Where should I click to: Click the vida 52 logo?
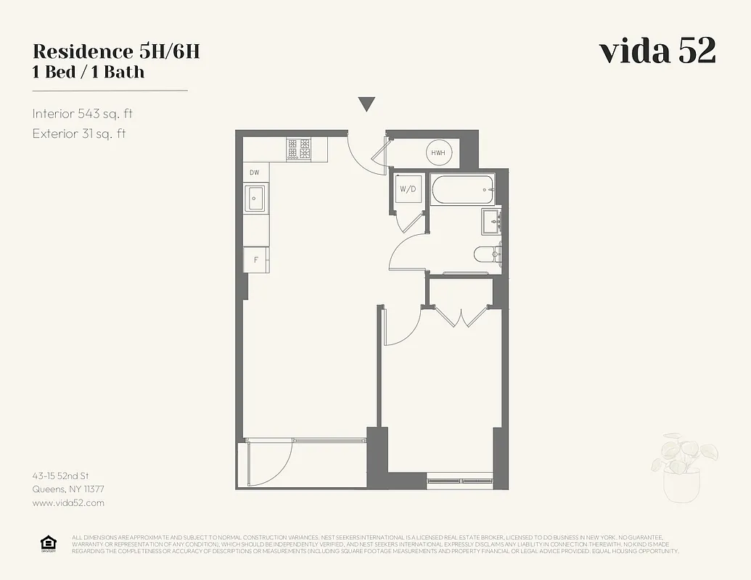(x=657, y=51)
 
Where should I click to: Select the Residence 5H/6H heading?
(x=116, y=51)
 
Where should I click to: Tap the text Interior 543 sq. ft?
(x=83, y=114)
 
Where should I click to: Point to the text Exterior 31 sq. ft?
(x=79, y=133)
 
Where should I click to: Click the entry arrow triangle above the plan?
(x=367, y=104)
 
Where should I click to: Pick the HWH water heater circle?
(x=438, y=153)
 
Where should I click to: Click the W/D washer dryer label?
(x=409, y=190)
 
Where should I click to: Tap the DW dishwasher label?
(x=255, y=173)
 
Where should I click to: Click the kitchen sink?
(x=255, y=197)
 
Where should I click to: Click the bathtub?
(x=462, y=190)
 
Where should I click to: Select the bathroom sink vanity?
(x=492, y=222)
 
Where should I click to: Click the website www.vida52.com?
(x=68, y=502)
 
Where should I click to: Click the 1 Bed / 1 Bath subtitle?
(x=89, y=72)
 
